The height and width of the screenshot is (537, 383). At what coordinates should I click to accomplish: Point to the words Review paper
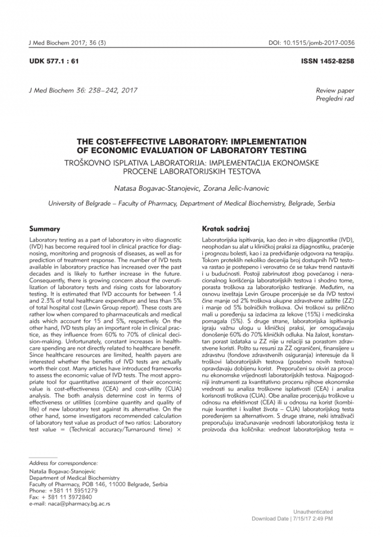[334, 91]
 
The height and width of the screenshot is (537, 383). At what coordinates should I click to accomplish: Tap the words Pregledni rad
[334, 99]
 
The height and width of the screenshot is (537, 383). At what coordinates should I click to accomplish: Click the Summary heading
[46, 229]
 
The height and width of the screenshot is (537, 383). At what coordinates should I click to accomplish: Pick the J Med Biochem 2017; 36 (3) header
[67, 44]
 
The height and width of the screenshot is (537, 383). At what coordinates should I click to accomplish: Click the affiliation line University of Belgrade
[191, 204]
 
